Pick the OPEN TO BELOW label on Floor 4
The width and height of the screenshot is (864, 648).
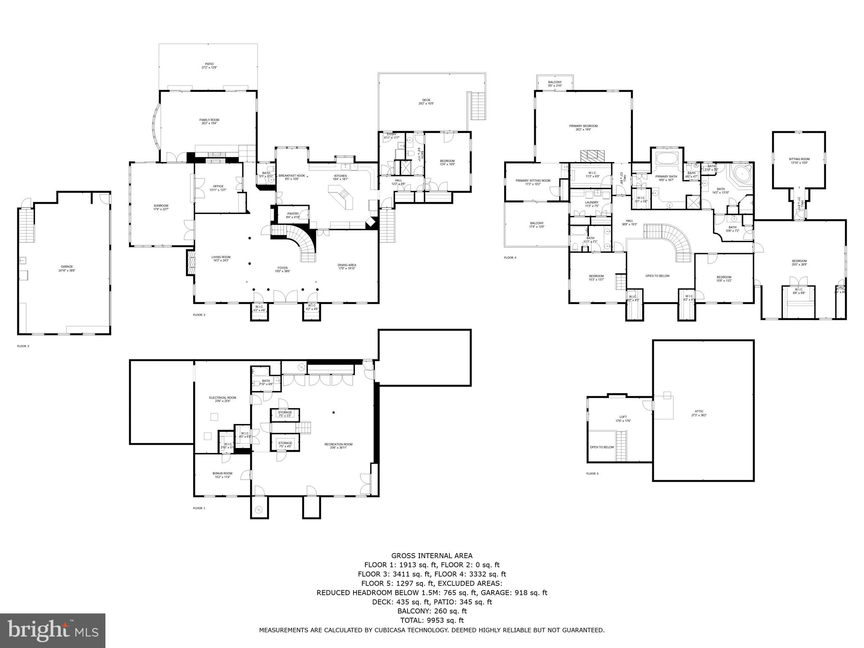[657, 276]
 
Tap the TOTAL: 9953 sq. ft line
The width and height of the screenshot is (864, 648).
[432, 620]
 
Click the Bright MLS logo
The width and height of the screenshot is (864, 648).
[53, 630]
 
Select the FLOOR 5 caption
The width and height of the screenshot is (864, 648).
[592, 474]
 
